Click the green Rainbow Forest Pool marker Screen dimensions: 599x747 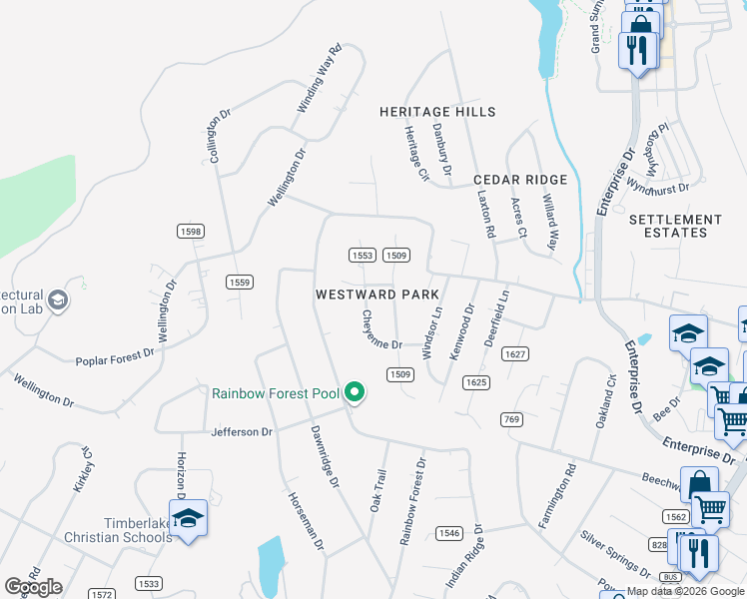coord(354,393)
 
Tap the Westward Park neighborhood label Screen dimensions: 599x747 coord(377,296)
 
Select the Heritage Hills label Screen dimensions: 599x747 coord(437,112)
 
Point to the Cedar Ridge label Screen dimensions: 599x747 coord(520,180)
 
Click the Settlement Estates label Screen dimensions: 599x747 coord(675,226)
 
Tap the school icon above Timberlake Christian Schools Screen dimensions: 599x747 coord(187,518)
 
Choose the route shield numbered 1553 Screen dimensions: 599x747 coord(363,256)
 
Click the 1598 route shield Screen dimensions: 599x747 coord(191,231)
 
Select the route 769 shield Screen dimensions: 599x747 coord(512,419)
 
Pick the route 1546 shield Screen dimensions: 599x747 coord(449,534)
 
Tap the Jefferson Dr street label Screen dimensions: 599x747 coord(242,432)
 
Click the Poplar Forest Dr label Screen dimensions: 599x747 coord(116,354)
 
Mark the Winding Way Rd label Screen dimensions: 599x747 coord(320,79)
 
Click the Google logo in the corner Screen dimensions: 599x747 coord(33,586)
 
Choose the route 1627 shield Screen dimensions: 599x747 coord(515,355)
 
